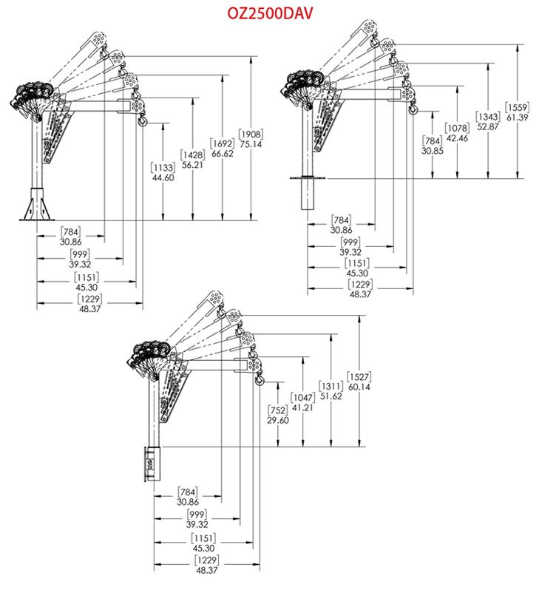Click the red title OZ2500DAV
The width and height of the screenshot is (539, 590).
pos(269,13)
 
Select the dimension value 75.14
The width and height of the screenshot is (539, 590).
pos(251,144)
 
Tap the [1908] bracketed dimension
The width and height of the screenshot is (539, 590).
pos(251,135)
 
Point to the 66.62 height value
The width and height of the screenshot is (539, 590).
pos(223,154)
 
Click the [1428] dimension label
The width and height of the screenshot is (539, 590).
pos(192,155)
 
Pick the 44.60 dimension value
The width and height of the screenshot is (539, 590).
pos(163,177)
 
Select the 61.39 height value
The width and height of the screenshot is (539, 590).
pos(517,118)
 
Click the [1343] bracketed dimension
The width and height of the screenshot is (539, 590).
pos(488,117)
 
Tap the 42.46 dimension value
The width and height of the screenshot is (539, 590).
pos(457,138)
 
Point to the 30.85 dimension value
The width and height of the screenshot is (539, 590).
pos(433,151)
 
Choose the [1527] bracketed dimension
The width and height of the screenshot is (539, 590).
pos(359,377)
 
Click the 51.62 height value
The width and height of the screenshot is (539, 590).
pos(330,396)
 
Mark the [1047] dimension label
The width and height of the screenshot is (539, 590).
pos(302,398)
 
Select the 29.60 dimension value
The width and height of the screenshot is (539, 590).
pos(278,420)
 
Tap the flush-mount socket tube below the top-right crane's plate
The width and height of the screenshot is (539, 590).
pos(308,194)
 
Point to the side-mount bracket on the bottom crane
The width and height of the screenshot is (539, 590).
pos(153,464)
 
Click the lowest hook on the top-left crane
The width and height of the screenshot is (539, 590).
pos(142,120)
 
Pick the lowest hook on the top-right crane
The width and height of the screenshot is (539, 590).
pos(413,109)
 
